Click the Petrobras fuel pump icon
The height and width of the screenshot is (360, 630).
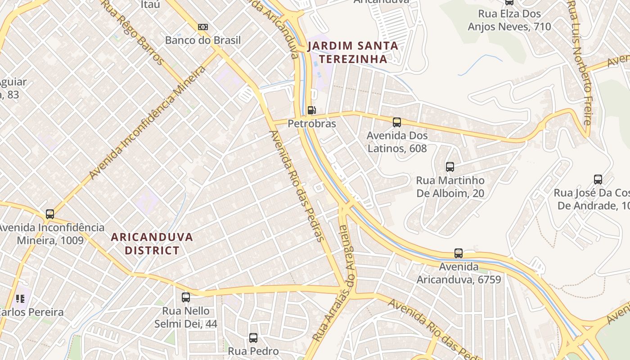(311, 110)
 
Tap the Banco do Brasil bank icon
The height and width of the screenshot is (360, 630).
(203, 27)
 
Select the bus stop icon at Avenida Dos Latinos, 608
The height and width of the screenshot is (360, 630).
(397, 122)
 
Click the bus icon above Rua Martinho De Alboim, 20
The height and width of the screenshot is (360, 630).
(450, 167)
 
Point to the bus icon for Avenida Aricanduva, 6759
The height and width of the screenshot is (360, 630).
(459, 253)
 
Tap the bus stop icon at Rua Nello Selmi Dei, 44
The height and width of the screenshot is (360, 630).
(186, 297)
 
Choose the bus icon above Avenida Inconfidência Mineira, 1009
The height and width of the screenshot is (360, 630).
(50, 214)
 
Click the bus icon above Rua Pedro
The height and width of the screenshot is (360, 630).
(253, 337)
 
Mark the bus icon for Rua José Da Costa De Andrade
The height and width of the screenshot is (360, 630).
(598, 180)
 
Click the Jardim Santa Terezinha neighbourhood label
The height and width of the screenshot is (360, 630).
(353, 52)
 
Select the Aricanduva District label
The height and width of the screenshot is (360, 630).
(152, 243)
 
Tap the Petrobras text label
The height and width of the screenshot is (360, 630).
(312, 123)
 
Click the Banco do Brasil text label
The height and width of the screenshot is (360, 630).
(203, 40)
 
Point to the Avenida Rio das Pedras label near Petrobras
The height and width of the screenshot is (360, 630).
(297, 186)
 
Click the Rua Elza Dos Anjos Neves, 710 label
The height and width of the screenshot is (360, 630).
(509, 20)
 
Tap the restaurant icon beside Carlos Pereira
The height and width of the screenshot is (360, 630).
(20, 299)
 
